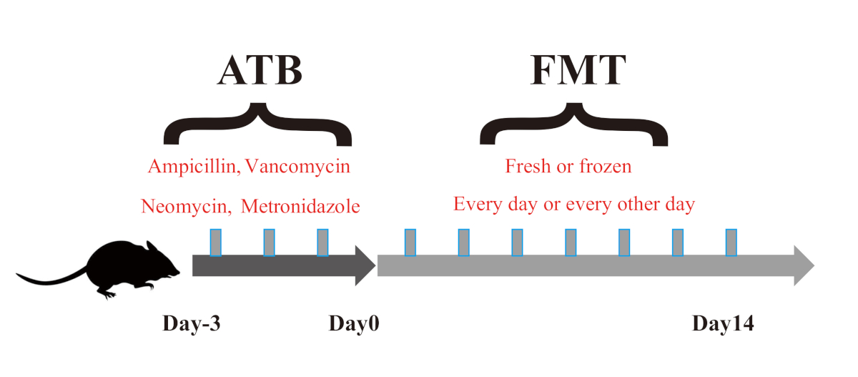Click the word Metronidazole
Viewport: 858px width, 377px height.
[x=300, y=207]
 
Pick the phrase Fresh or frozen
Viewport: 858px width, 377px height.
[x=568, y=167]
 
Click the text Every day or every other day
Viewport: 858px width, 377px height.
[x=574, y=205]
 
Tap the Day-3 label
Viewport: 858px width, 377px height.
[x=192, y=324]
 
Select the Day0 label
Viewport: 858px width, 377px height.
[x=353, y=324]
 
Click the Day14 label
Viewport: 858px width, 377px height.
[x=723, y=324]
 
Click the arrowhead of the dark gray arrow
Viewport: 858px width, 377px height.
[x=365, y=265]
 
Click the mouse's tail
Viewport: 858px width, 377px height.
[x=50, y=278]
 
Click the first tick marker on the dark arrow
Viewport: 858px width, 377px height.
[x=215, y=243]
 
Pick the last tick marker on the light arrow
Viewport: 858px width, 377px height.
[x=731, y=243]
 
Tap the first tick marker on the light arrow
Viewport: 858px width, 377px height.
[x=410, y=243]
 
